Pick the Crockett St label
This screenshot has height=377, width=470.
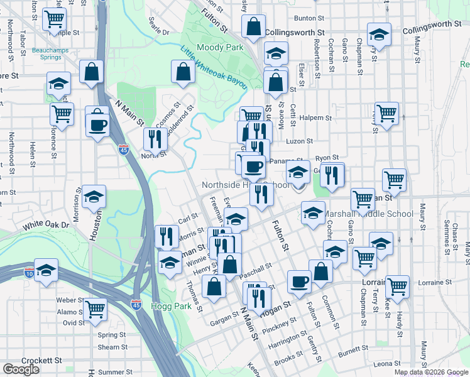point(40,361)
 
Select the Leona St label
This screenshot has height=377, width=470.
point(387,364)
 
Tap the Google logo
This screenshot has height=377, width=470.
point(21,369)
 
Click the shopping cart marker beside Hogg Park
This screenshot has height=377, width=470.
point(95,309)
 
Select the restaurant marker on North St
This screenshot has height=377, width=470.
point(155,139)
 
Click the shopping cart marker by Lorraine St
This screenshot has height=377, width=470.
point(397,287)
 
